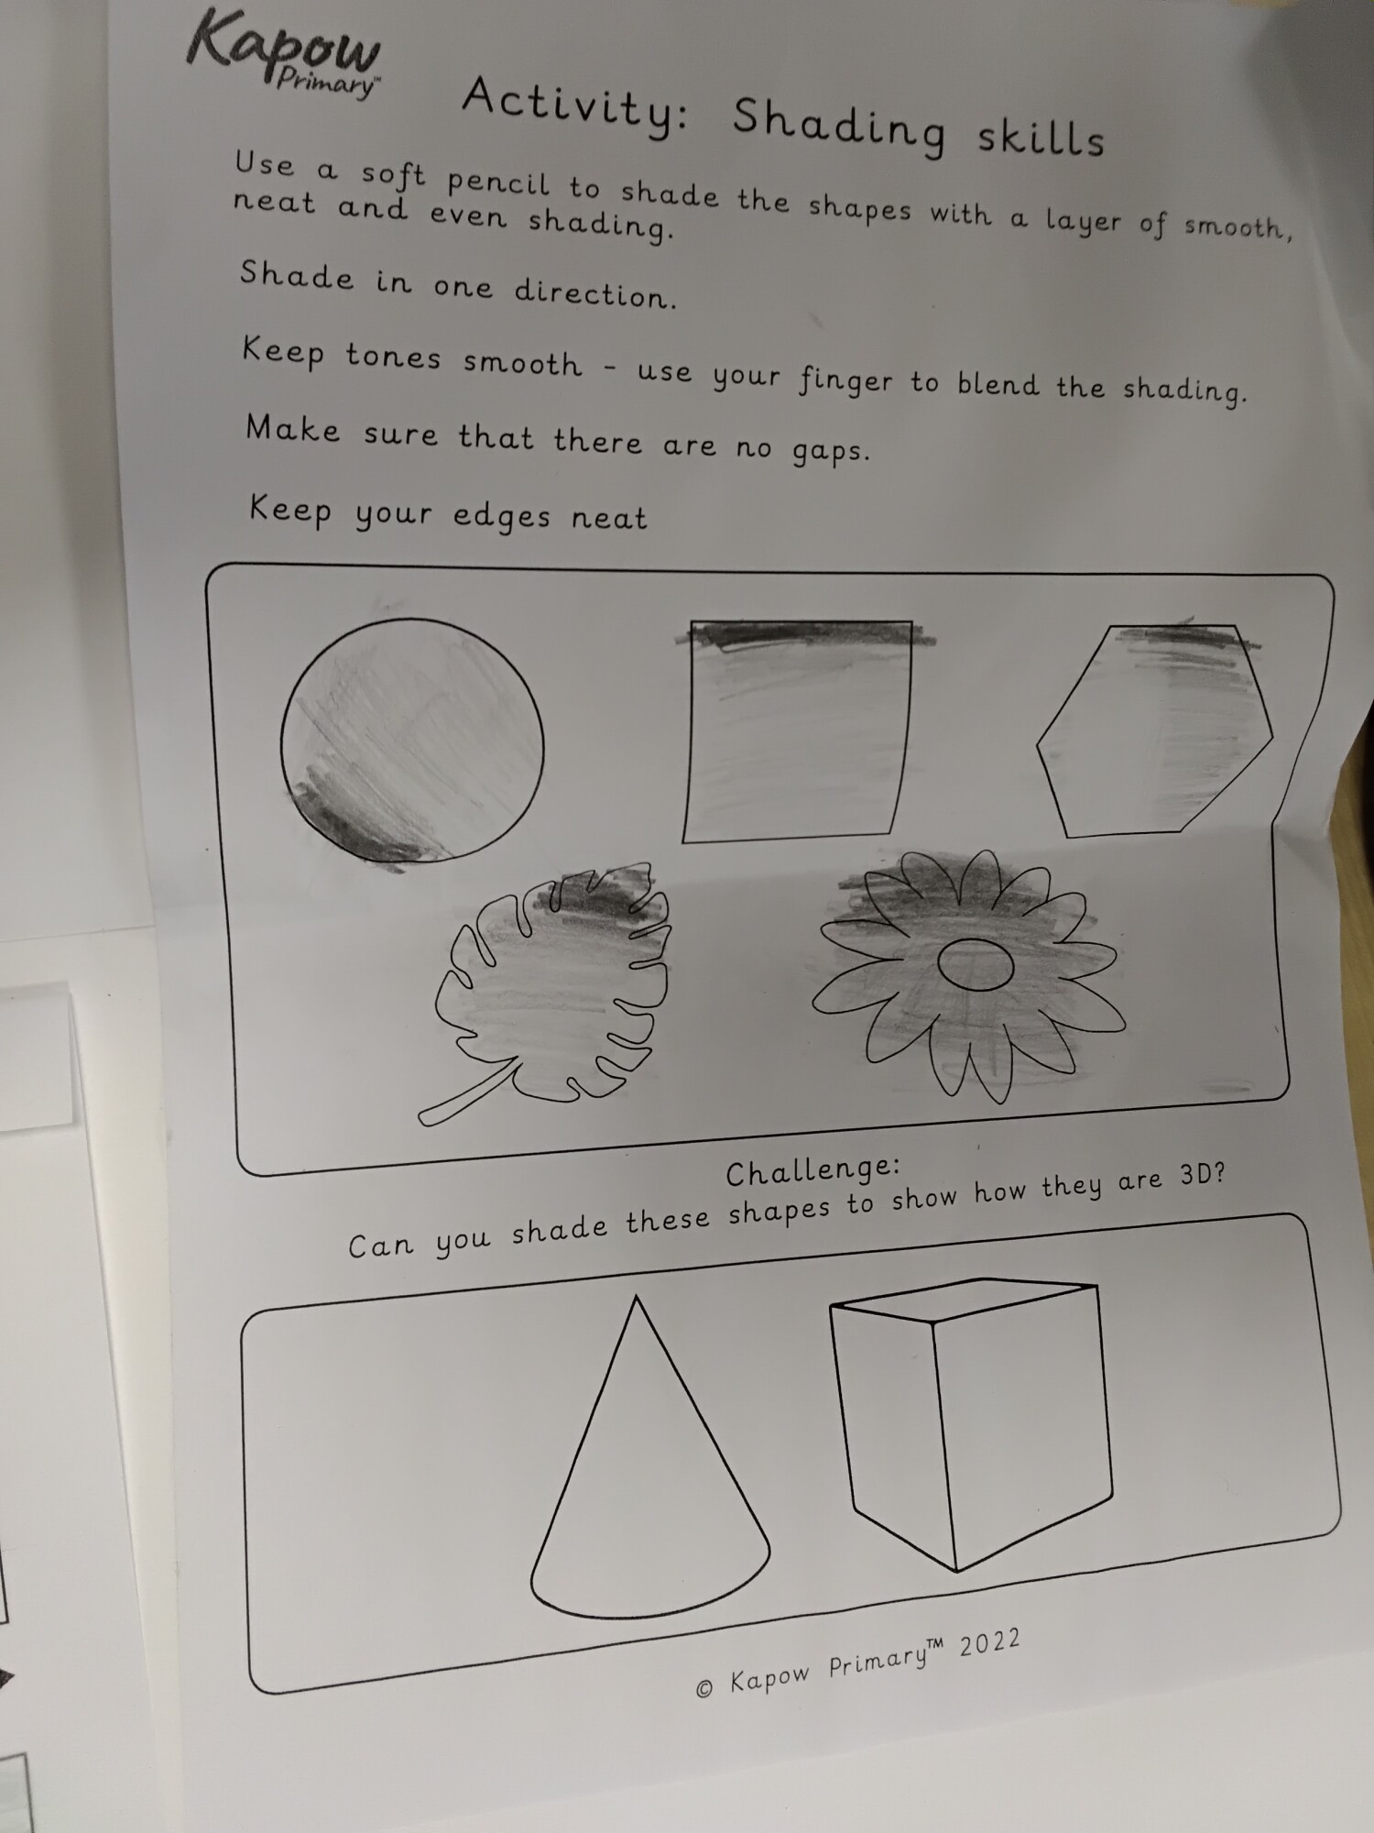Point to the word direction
[x=594, y=291]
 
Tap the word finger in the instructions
[x=845, y=379]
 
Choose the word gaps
[x=830, y=451]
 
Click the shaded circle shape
[x=411, y=741]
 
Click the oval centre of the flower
[x=975, y=965]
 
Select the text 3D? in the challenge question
[x=1202, y=1176]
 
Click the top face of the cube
[x=964, y=1300]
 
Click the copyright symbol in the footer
[x=704, y=1688]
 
